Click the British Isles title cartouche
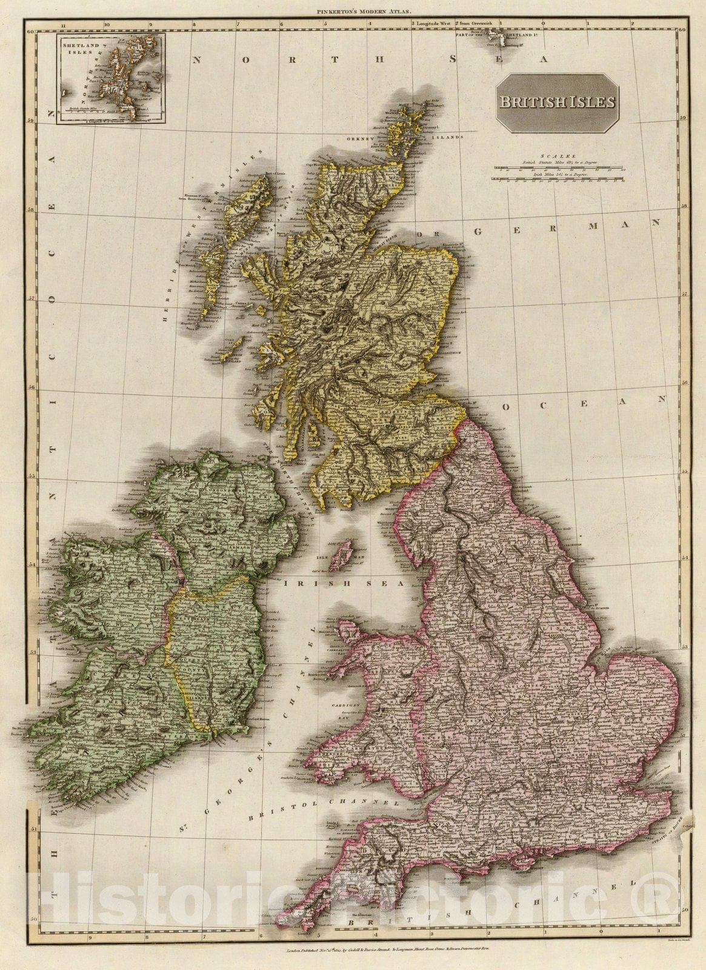click(557, 102)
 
